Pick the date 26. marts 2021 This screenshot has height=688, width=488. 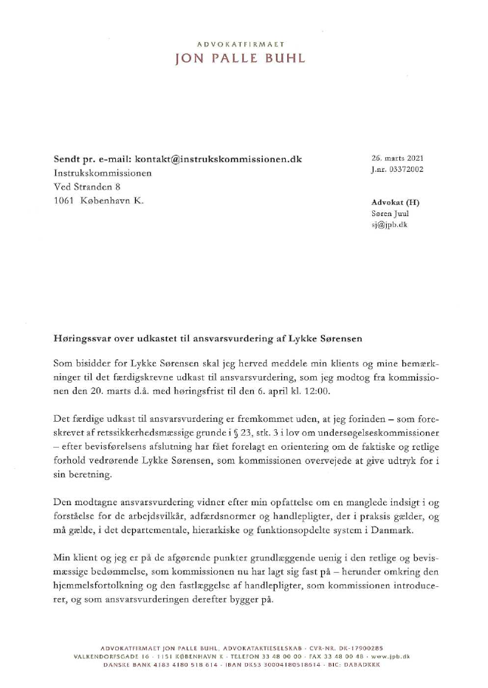397,159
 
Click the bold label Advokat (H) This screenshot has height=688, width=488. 395,202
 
